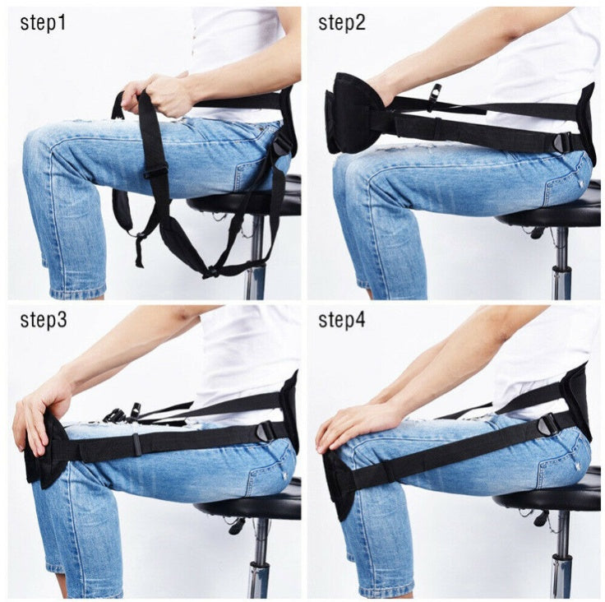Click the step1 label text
42,22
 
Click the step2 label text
341,22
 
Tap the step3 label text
43,321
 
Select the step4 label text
341,321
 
